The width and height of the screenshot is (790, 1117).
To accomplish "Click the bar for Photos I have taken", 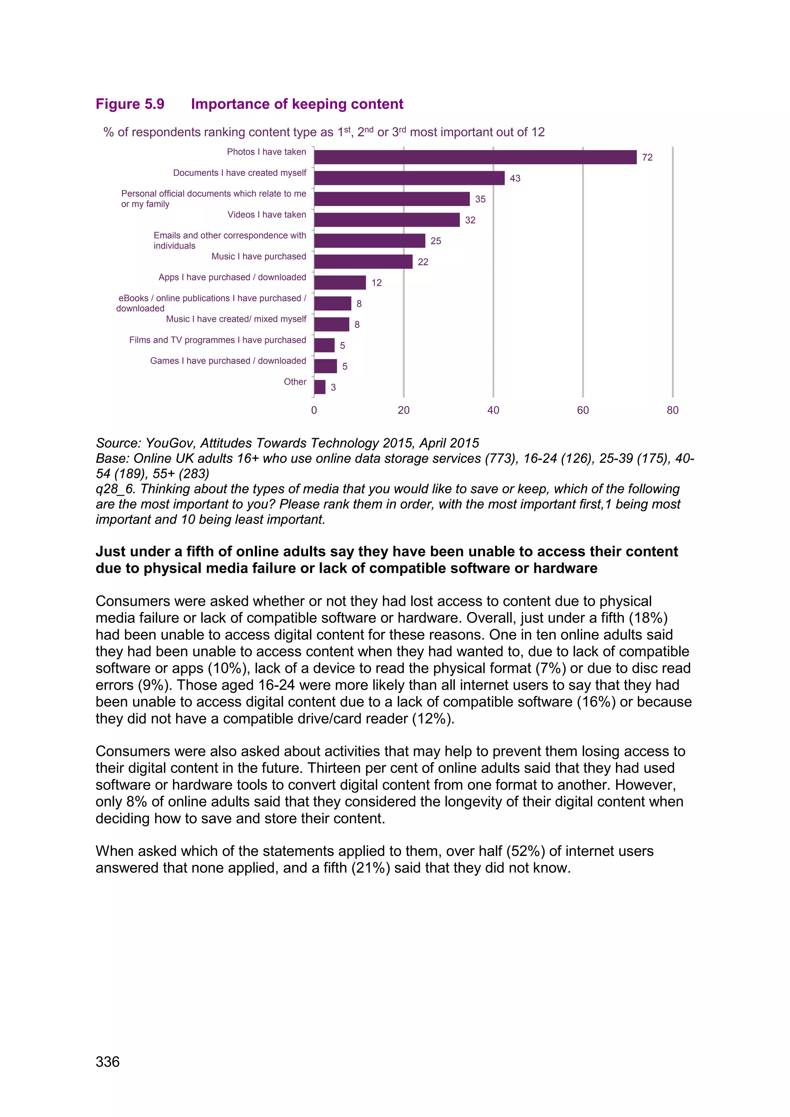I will tap(475, 157).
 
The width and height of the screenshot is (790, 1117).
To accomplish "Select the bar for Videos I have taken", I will tap(387, 220).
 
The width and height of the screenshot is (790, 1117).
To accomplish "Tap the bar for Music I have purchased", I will tap(363, 262).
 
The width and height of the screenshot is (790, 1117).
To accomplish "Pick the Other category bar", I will tap(320, 387).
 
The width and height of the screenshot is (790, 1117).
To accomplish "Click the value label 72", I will tap(647, 158).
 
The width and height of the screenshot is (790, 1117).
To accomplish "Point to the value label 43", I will tap(515, 179).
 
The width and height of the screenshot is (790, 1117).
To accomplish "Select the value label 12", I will tap(376, 283).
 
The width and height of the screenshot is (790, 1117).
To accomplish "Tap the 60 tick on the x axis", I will tap(583, 410).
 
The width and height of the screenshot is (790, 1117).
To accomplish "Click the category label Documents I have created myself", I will tap(239, 173).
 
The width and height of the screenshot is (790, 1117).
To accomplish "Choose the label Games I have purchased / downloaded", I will tap(228, 361).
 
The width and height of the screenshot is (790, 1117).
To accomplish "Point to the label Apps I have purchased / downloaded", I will tap(232, 277).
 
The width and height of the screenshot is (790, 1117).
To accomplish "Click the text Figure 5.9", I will tap(130, 104).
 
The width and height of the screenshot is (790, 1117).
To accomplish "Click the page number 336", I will tap(108, 1061).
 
